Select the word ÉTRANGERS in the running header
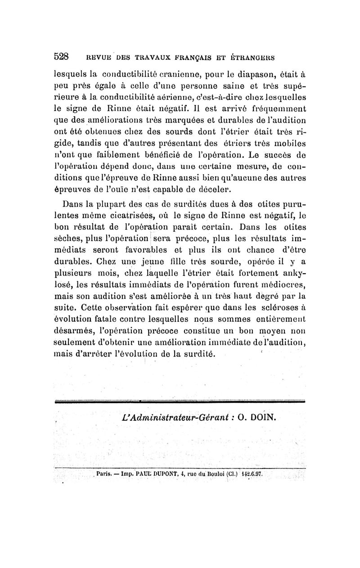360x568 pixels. pyautogui.click(x=250, y=58)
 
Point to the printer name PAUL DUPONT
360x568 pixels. pyautogui.click(x=155, y=474)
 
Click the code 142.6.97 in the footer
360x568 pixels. pyautogui.click(x=255, y=474)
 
